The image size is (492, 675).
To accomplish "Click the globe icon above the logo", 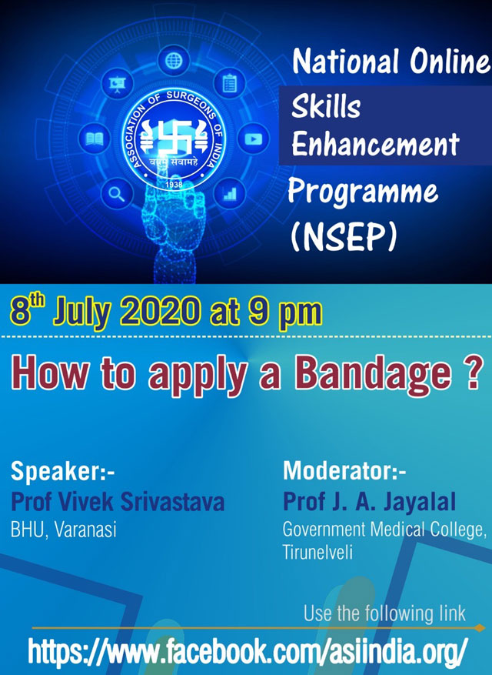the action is [174, 61].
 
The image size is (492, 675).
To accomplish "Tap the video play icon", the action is [254, 139].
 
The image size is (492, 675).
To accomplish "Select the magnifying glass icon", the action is [117, 194].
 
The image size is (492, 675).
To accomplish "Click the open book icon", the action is [95, 139].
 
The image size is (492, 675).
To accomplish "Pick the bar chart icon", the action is [230, 194].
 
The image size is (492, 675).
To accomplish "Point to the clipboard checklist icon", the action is [230, 83].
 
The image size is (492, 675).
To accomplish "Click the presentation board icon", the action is [117, 83].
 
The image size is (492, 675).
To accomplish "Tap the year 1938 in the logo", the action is [174, 184].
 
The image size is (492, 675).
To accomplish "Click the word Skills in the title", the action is [325, 106].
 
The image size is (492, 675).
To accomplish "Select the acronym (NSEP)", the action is [344, 236].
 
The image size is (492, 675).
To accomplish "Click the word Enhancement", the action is [375, 144].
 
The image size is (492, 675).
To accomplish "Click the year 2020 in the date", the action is [160, 310].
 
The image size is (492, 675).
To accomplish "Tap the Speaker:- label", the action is [63, 471].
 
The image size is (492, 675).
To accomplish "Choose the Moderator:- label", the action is [344, 470].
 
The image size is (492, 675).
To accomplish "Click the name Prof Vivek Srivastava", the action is [118, 502].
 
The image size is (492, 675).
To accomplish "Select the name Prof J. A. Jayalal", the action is [370, 502].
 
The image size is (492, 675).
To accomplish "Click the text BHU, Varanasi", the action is [63, 530].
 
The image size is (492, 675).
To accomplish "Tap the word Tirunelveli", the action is [317, 551].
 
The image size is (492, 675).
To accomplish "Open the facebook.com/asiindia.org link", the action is [248, 651].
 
